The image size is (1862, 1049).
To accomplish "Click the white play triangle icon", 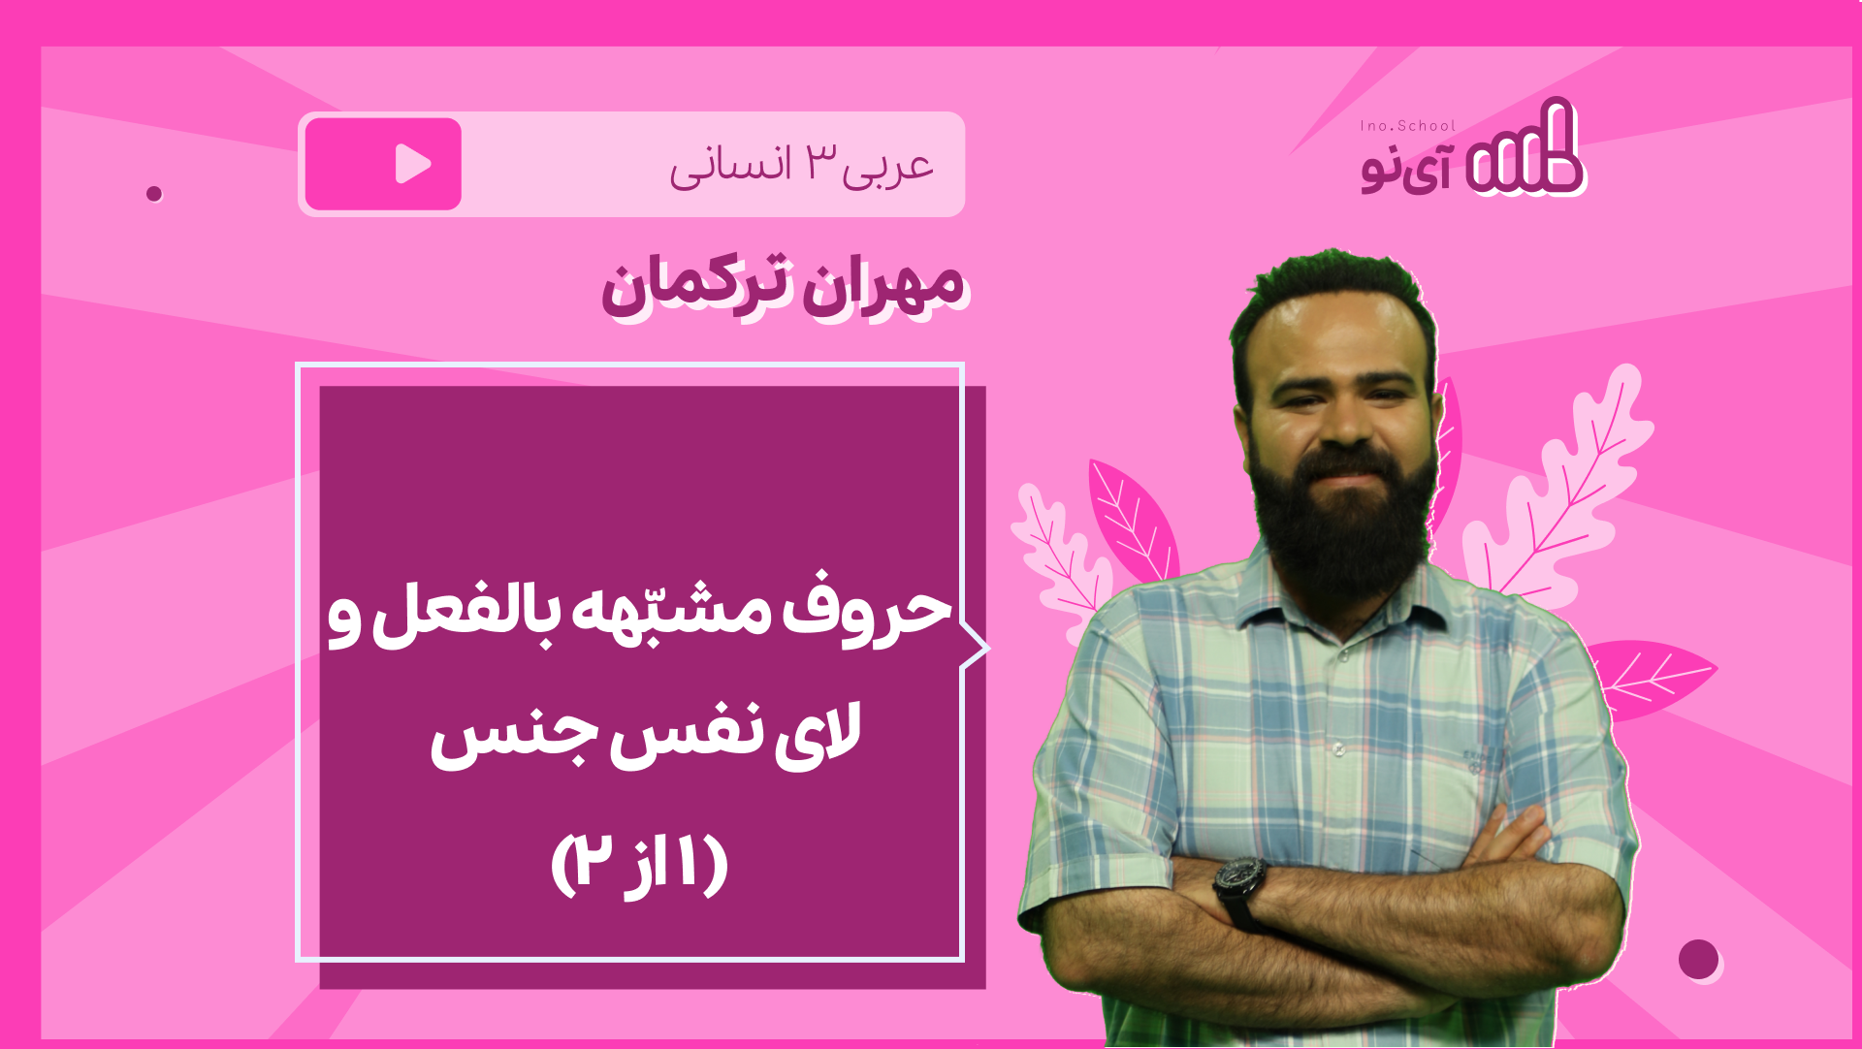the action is click(x=412, y=164).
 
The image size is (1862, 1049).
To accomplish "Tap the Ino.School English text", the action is click(x=1407, y=126).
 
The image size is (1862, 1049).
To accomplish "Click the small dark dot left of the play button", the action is click(x=153, y=194).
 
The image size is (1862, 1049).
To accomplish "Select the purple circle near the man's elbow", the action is click(x=1698, y=960).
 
